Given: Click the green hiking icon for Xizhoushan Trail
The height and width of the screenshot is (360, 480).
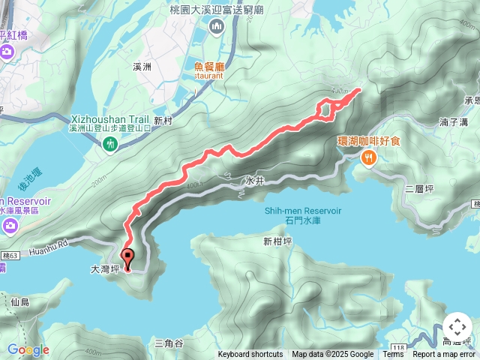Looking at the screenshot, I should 110,142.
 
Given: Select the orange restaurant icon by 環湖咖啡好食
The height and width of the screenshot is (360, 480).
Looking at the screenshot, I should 369,157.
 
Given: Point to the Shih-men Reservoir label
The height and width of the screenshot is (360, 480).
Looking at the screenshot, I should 303,211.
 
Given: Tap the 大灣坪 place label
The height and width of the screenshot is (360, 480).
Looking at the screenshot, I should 104,268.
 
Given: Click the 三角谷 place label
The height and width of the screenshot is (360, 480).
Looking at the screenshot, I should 169,343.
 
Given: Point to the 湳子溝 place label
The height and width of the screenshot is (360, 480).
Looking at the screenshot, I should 454,121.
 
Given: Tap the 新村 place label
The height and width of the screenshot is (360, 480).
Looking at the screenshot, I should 163,120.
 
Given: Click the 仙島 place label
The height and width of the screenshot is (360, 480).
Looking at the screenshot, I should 19,301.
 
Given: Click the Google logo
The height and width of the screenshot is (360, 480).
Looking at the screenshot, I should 28,349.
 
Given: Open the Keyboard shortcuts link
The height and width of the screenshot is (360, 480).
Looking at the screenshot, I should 250,355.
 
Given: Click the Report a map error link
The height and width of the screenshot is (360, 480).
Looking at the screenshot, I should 445,355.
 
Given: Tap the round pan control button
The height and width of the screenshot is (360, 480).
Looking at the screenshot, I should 457,328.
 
